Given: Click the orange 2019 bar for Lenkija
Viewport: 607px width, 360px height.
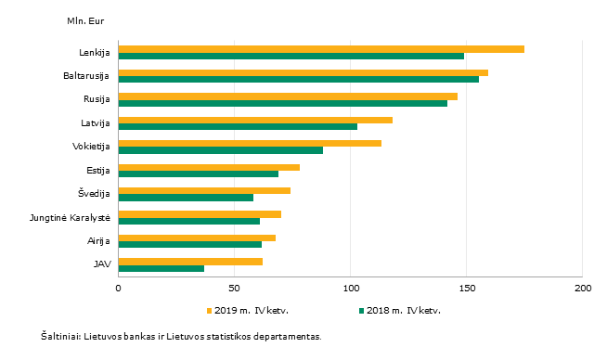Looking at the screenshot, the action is [321, 49].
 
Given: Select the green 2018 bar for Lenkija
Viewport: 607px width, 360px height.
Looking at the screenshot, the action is [291, 56].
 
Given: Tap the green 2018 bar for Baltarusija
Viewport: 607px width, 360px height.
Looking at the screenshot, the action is [299, 80].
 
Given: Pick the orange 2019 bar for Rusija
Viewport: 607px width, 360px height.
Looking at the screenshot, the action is [288, 96].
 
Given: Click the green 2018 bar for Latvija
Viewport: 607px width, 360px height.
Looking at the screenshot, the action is [238, 126].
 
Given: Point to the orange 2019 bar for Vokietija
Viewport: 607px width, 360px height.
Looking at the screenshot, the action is [250, 144].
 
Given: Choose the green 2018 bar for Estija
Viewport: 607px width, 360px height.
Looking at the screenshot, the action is [199, 174].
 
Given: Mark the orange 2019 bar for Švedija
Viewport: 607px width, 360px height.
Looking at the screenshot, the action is [204, 191].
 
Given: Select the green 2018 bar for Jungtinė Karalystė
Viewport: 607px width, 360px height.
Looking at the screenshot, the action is [189, 221].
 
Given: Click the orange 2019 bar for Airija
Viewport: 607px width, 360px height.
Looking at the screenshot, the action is [197, 238].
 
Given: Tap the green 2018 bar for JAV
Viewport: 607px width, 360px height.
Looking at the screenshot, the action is [161, 268].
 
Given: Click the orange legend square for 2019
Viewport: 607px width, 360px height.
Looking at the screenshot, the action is [210, 311].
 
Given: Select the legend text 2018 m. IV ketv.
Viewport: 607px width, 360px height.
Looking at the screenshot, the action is [404, 311].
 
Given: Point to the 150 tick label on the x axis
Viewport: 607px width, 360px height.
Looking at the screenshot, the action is [467, 289].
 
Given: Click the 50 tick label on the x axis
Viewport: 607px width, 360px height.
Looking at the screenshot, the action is [234, 289].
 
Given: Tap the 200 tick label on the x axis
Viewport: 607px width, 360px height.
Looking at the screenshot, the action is [583, 289].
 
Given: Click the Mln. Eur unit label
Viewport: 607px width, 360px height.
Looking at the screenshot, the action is [85, 21].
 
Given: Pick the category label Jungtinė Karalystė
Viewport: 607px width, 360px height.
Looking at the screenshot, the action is [70, 218].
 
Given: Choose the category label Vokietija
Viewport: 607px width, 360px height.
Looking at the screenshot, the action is [91, 147].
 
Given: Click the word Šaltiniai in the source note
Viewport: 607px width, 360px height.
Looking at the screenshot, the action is [60, 337].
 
